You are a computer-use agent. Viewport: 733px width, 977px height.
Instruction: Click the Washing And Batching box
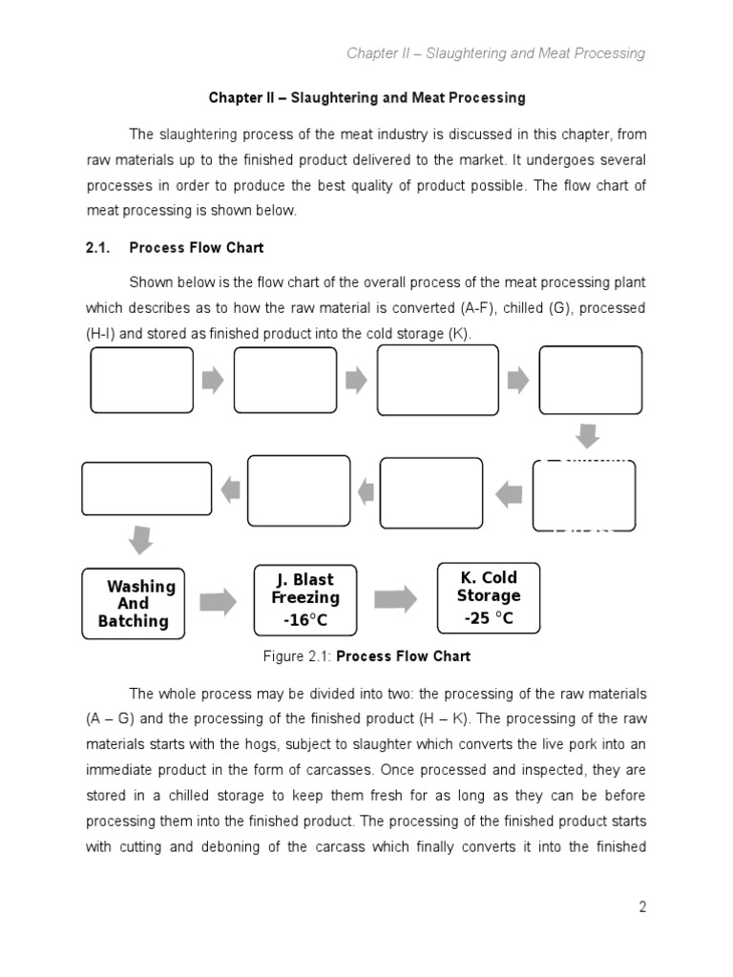[x=133, y=603]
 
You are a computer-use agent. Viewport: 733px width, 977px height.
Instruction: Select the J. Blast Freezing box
[x=304, y=598]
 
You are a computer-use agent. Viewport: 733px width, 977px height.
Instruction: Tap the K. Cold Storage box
[x=488, y=597]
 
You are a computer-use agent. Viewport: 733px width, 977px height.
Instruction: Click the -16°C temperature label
[x=304, y=621]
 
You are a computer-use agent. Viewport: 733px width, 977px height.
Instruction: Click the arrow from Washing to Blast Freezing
[x=218, y=601]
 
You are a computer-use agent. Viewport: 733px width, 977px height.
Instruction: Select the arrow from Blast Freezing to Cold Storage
[x=394, y=599]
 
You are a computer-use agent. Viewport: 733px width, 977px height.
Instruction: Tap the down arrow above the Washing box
[x=140, y=539]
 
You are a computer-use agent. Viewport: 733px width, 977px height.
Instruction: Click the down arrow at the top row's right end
[x=588, y=437]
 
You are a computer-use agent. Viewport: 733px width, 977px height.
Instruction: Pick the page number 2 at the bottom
[x=642, y=907]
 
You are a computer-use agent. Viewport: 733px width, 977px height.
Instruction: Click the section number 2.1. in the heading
[x=99, y=247]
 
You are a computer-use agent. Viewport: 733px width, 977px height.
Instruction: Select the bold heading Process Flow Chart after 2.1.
[x=197, y=247]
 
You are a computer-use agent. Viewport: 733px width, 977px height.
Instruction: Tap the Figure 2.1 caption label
[x=298, y=656]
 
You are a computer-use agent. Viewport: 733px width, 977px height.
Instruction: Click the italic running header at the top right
[x=495, y=53]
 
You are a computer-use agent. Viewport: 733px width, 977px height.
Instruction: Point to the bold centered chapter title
[x=366, y=98]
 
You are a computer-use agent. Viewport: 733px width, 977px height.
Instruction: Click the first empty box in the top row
[x=141, y=380]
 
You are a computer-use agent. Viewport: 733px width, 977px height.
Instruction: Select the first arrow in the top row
[x=214, y=380]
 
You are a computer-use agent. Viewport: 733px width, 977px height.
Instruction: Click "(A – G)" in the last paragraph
[x=113, y=719]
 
